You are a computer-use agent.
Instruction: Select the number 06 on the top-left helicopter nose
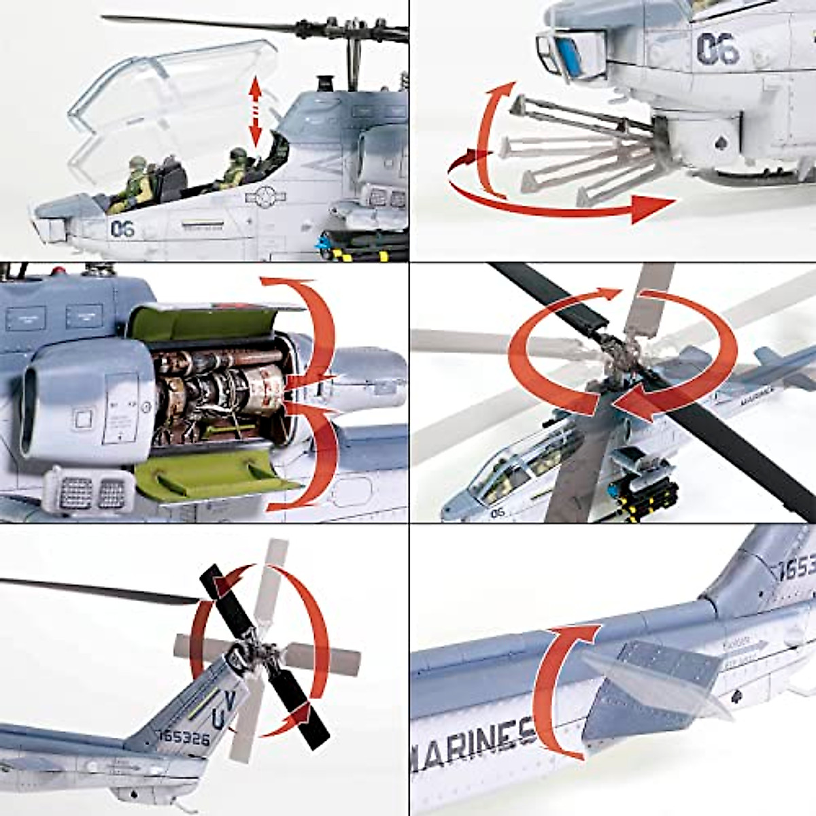point(122,229)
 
